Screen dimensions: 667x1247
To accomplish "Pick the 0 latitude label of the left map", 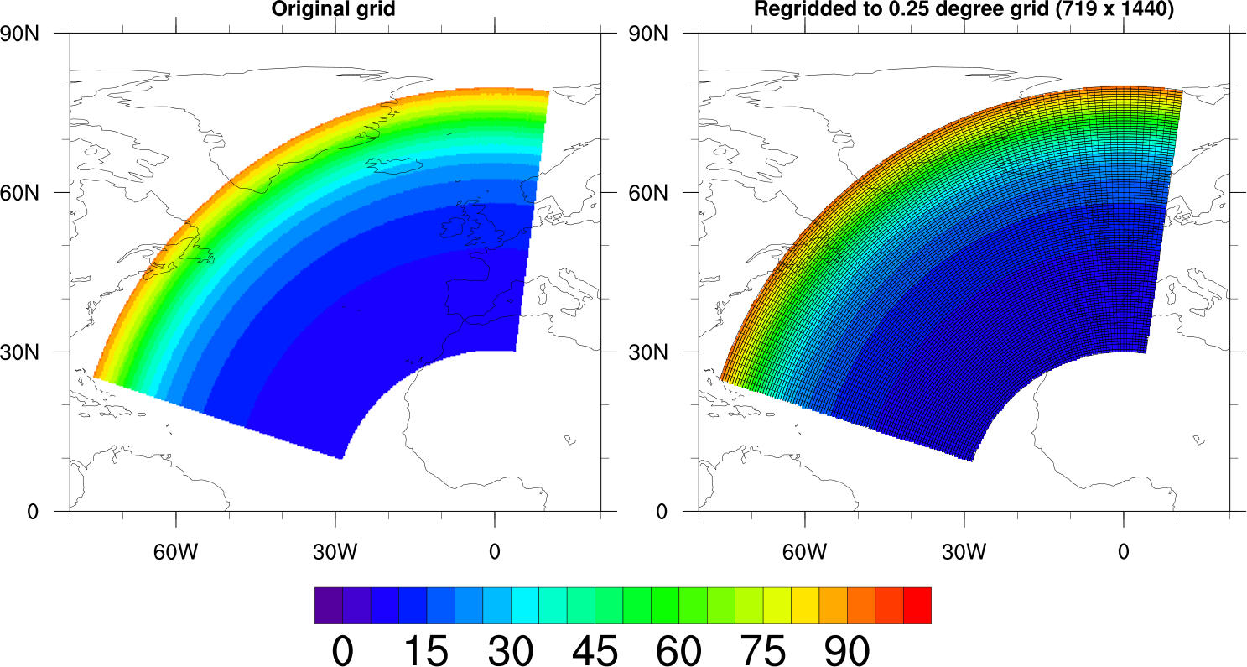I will coord(34,511).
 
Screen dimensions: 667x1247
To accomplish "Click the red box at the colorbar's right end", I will coord(917,605).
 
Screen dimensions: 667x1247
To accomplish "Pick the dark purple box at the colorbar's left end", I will coord(329,605).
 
